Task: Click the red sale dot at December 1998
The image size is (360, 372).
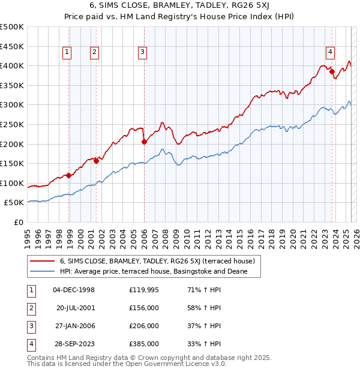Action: pos(69,175)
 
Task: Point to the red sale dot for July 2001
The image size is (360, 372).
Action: pos(96,161)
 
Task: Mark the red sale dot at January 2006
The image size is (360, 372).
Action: pos(144,142)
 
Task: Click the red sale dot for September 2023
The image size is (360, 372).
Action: pos(332,71)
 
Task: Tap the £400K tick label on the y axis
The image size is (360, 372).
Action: pos(12,65)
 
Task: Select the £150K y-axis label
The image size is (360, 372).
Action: pos(12,163)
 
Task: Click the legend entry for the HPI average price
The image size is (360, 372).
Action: pos(161,272)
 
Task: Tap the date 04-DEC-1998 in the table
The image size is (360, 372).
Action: pos(74,290)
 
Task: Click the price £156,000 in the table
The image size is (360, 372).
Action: pos(144,308)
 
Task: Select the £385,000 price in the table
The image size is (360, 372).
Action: pos(144,344)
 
